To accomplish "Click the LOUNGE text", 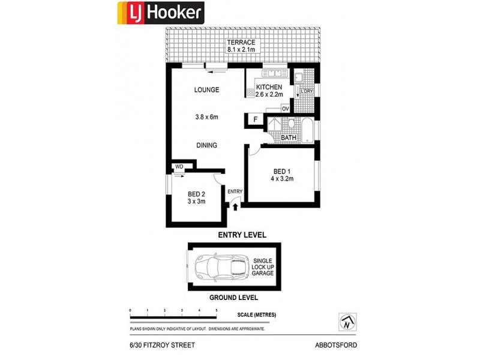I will point(206,90).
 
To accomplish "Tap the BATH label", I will point(289,138).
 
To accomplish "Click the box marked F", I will point(254,120).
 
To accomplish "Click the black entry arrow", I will point(235,206).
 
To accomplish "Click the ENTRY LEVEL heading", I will point(242,235).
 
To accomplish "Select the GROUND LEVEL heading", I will point(233,298).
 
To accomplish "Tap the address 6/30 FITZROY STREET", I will point(162,345).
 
